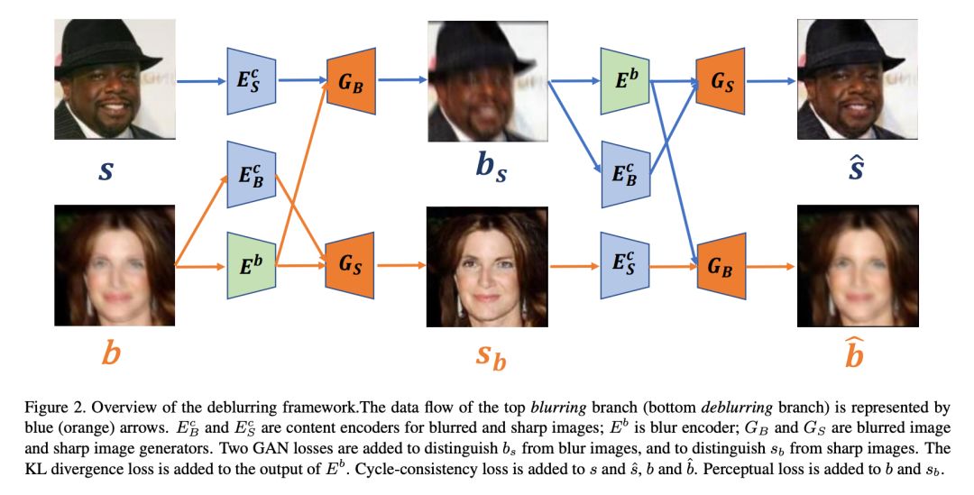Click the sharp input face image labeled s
click(x=115, y=79)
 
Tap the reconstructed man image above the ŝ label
click(x=857, y=79)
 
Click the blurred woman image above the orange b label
click(x=115, y=265)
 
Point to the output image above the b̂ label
click(x=857, y=265)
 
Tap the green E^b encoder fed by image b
click(x=251, y=265)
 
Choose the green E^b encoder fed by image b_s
click(x=624, y=79)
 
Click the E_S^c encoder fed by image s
click(x=251, y=79)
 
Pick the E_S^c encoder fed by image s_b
click(x=624, y=265)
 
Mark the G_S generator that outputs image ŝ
click(x=721, y=79)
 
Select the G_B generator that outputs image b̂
click(x=721, y=265)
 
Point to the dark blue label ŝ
click(x=857, y=167)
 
